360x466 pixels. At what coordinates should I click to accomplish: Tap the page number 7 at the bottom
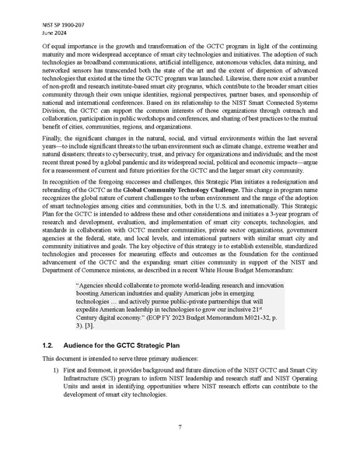tap(180, 427)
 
